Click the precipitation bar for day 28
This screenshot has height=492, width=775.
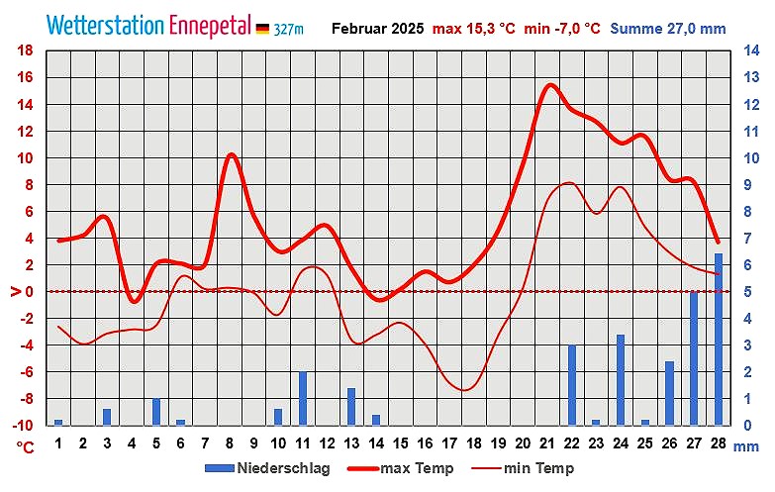pyautogui.click(x=719, y=340)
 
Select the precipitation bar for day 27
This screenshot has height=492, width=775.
pyautogui.click(x=694, y=358)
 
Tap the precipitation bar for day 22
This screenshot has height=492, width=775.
pyautogui.click(x=572, y=385)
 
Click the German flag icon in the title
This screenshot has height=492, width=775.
pyautogui.click(x=262, y=29)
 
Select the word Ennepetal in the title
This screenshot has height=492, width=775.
pyautogui.click(x=210, y=26)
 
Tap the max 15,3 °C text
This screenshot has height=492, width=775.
pyautogui.click(x=474, y=29)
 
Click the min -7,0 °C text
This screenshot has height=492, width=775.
pyautogui.click(x=562, y=29)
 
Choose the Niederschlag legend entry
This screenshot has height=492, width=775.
pyautogui.click(x=267, y=468)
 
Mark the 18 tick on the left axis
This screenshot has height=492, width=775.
pyautogui.click(x=27, y=50)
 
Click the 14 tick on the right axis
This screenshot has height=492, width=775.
pyautogui.click(x=751, y=50)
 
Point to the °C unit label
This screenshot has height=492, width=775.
pyautogui.click(x=26, y=447)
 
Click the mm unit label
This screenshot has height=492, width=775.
pyautogui.click(x=746, y=447)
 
